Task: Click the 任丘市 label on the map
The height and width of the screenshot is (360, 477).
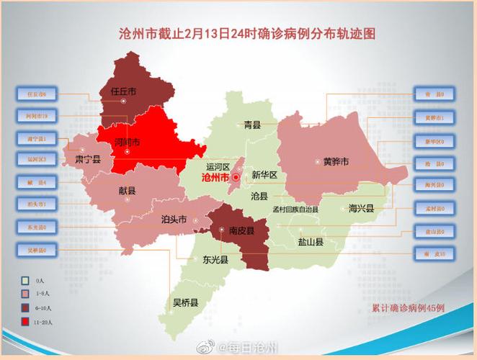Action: pyautogui.click(x=124, y=91)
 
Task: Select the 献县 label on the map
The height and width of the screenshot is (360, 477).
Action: pyautogui.click(x=128, y=191)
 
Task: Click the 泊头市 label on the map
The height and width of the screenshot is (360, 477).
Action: pyautogui.click(x=174, y=218)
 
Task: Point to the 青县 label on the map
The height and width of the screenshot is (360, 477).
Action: pyautogui.click(x=251, y=125)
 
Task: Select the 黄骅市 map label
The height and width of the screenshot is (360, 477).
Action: pyautogui.click(x=335, y=162)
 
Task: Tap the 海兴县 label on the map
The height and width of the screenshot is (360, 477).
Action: pyautogui.click(x=361, y=208)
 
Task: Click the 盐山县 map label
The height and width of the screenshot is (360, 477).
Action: pyautogui.click(x=311, y=243)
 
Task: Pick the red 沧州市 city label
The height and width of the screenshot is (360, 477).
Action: pyautogui.click(x=217, y=176)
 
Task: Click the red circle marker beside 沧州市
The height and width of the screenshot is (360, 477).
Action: pyautogui.click(x=235, y=176)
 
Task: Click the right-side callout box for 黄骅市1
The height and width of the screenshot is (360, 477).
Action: pyautogui.click(x=434, y=117)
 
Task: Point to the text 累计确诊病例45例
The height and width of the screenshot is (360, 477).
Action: pyautogui.click(x=408, y=307)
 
